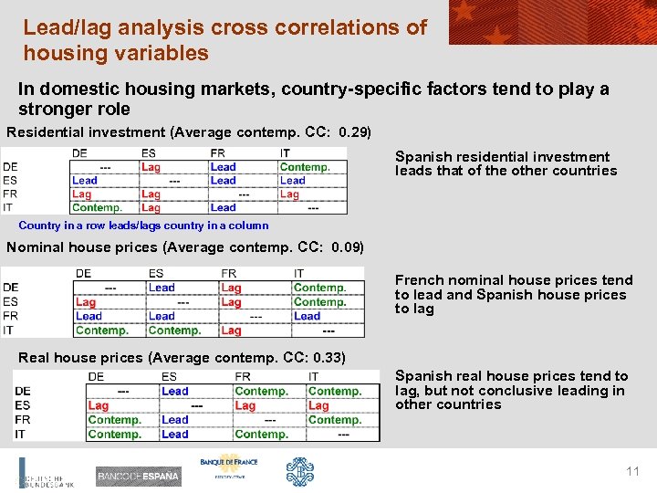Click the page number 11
[632, 471]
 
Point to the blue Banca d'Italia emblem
[299, 472]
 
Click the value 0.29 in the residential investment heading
[354, 132]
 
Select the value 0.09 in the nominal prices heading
[347, 247]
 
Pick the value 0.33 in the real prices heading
[328, 357]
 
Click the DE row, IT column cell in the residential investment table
[305, 167]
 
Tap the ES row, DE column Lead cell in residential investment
[85, 181]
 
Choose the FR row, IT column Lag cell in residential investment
[289, 194]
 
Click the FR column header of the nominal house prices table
[229, 273]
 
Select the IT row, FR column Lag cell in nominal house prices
[232, 330]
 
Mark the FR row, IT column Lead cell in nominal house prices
[307, 316]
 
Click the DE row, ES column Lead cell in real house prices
[175, 391]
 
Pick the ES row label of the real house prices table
[23, 405]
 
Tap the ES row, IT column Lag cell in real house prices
[318, 405]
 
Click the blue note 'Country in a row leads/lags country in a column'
[143, 226]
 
